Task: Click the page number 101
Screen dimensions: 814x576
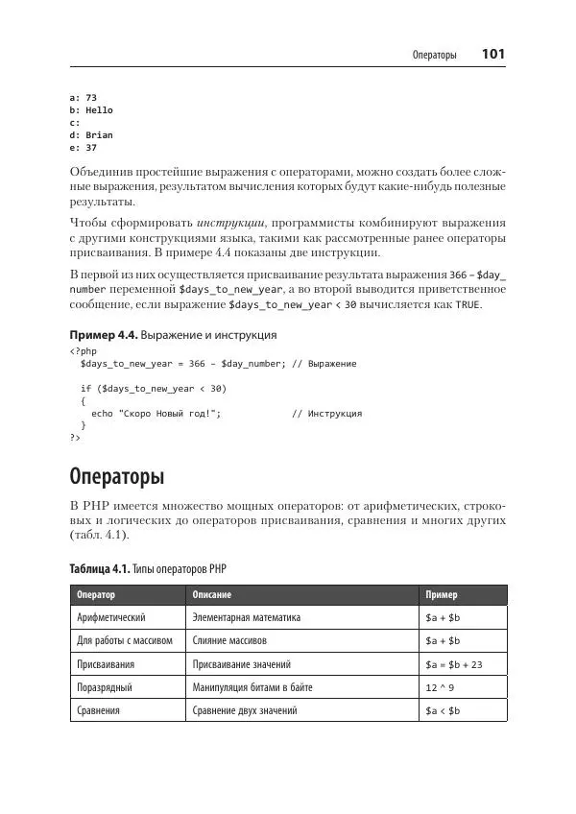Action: (493, 55)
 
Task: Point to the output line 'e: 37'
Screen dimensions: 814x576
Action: (84, 148)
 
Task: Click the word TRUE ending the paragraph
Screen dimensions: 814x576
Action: (468, 305)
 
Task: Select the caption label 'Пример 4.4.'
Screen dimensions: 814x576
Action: (104, 335)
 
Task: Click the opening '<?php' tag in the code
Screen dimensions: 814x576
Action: (84, 351)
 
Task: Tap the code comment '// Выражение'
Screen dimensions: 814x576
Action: (324, 364)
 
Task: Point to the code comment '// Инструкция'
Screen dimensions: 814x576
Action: (326, 414)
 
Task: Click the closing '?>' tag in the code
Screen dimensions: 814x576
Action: (75, 438)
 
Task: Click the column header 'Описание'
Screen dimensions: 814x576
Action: (211, 595)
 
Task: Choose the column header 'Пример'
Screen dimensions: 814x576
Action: (442, 595)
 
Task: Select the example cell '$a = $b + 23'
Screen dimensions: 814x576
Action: (453, 664)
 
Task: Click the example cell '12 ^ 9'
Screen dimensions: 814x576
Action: (440, 687)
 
